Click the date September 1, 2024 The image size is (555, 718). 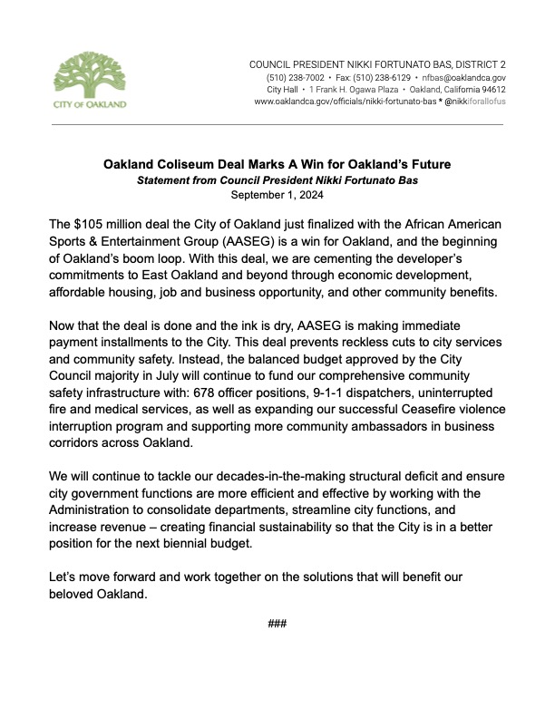(x=277, y=194)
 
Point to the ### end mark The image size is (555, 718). (x=277, y=625)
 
